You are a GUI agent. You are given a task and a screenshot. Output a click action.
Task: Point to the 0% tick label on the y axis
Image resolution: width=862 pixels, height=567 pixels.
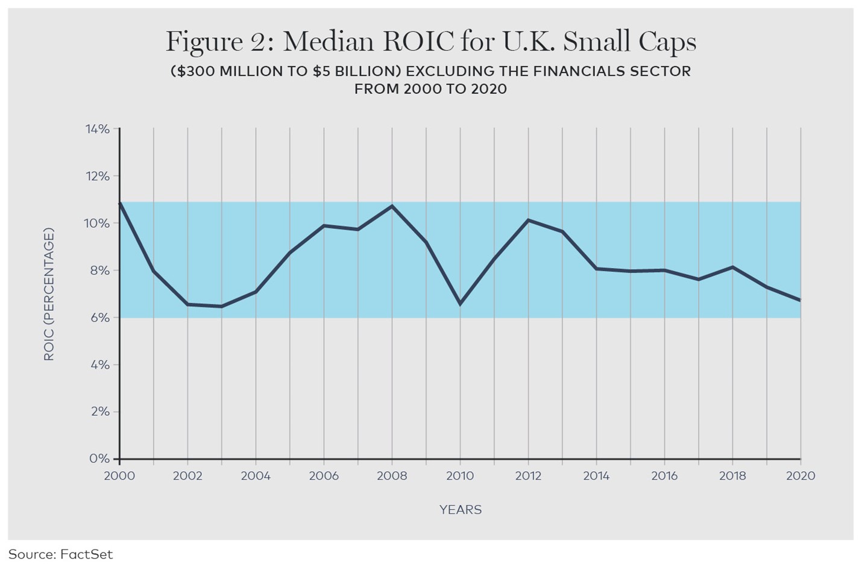[99, 459]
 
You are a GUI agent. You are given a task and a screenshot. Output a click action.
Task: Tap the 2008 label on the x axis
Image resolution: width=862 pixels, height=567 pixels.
[392, 476]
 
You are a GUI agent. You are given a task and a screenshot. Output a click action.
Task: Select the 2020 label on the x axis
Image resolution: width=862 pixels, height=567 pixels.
[800, 476]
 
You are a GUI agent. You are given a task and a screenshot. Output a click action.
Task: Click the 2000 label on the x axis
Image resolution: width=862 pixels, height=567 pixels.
[120, 476]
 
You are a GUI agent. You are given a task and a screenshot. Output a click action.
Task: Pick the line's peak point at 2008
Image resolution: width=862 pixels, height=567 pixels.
[392, 206]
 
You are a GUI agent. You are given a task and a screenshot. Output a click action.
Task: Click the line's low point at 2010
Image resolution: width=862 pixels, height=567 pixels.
[460, 304]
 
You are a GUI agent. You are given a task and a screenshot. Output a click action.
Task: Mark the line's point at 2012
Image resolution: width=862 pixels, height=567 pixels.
[528, 220]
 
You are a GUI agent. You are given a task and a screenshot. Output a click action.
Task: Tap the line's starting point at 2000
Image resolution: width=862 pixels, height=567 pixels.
[120, 203]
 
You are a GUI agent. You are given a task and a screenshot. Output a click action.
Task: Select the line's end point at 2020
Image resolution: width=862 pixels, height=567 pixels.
[800, 300]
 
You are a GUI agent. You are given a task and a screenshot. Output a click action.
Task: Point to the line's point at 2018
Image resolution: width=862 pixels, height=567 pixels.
[732, 267]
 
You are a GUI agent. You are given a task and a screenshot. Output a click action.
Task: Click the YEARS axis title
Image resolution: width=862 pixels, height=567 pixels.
[461, 510]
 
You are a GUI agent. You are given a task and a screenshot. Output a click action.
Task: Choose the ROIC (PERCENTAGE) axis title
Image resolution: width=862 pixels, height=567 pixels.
[49, 294]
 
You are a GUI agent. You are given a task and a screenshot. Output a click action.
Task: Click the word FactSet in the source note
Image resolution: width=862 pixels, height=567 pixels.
[86, 554]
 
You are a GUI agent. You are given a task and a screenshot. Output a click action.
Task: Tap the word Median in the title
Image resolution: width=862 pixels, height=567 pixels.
[330, 42]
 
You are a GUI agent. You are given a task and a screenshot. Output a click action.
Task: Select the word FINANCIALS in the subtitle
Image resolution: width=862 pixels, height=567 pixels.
[582, 71]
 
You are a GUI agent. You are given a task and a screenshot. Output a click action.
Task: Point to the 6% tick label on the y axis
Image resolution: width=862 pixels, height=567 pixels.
[99, 318]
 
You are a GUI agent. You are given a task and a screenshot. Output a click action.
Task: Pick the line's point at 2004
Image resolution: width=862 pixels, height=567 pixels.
[256, 292]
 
